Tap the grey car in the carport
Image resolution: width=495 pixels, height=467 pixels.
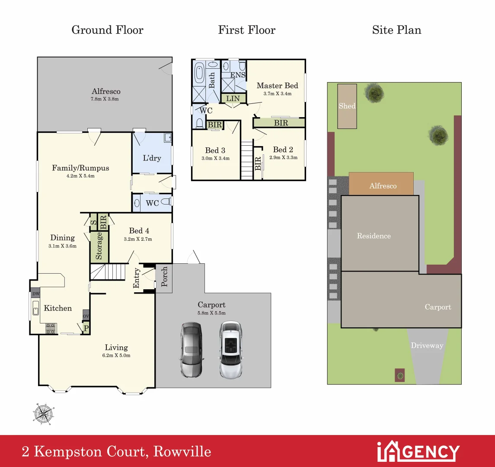click(190, 349)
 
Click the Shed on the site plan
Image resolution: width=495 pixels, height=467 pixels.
click(347, 106)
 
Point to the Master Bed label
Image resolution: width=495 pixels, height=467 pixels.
click(277, 86)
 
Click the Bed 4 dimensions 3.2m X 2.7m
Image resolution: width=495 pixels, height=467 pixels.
click(138, 239)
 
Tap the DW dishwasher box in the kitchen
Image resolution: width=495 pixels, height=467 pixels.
click(35, 294)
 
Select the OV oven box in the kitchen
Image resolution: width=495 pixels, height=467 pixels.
click(86, 316)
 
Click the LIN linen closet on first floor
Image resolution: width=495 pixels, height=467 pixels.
click(233, 99)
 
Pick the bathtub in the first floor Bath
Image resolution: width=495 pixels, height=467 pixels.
click(199, 72)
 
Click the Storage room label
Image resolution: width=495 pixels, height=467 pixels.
click(99, 246)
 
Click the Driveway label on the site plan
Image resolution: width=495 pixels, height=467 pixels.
click(427, 345)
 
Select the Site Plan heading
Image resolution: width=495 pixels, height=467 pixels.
click(396, 30)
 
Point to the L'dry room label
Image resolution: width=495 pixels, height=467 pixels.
click(152, 158)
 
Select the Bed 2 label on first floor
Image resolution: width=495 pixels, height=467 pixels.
click(283, 150)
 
